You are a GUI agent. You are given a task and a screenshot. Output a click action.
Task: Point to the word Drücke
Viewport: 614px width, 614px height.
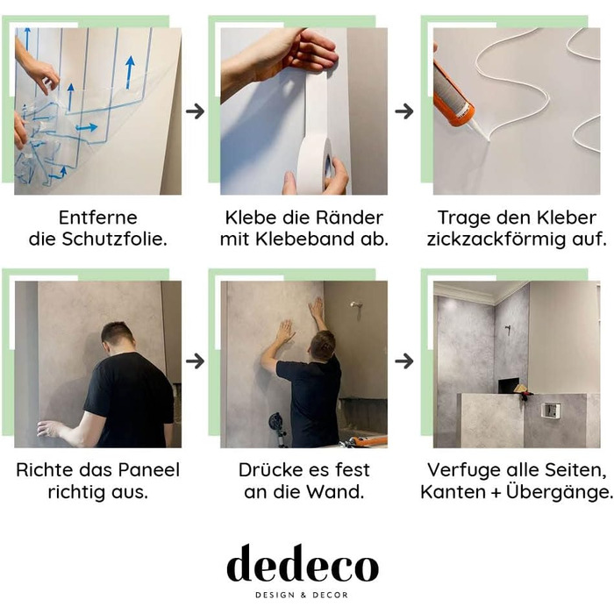click(268, 470)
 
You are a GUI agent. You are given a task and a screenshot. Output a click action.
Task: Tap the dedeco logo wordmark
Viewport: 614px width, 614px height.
click(303, 565)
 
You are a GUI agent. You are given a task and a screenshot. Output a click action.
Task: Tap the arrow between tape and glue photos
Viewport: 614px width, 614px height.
click(403, 111)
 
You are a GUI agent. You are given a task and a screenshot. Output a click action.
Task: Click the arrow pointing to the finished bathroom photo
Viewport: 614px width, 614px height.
click(403, 361)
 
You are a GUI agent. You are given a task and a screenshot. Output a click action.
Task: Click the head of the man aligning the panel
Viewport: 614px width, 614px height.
click(117, 336)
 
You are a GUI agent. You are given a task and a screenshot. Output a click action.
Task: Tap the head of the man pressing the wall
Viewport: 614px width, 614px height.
click(322, 346)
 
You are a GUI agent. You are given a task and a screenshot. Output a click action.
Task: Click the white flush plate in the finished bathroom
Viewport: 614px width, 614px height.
click(551, 410)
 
